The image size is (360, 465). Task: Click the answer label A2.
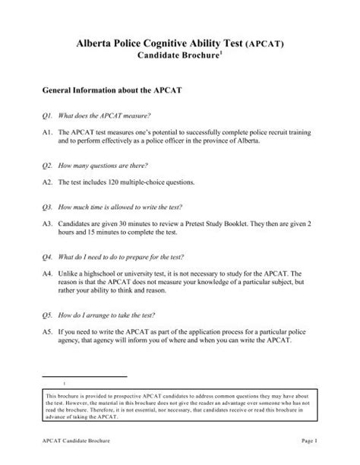tap(47, 182)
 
